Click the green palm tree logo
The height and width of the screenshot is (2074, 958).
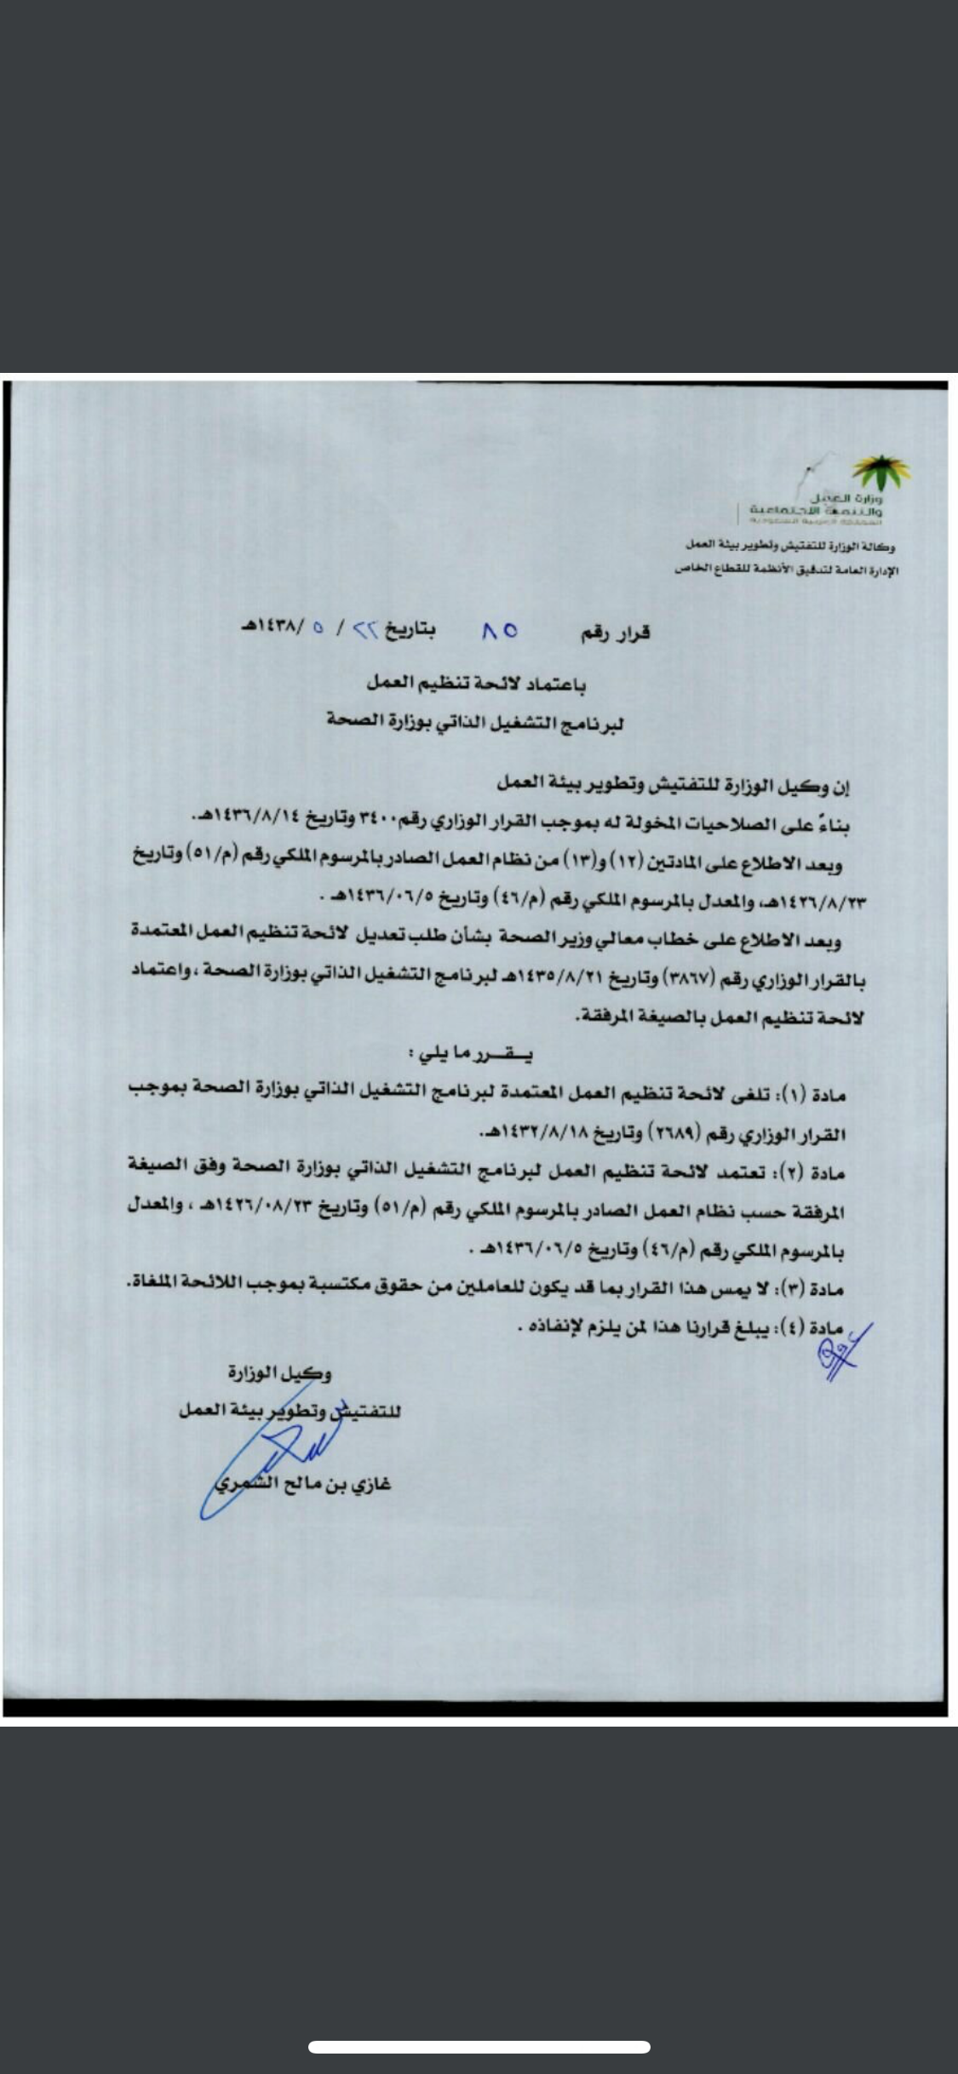point(881,471)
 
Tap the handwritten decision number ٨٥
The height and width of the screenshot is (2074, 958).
point(499,632)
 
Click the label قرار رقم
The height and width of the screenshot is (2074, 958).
point(615,633)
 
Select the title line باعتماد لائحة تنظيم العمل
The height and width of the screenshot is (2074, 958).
point(476,683)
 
